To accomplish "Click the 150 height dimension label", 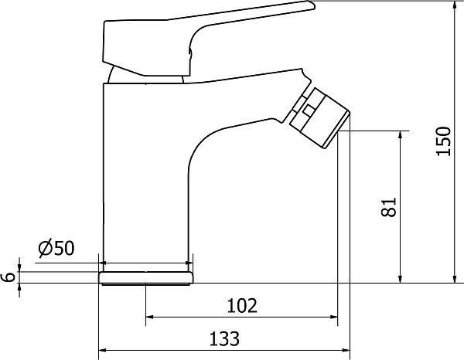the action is click(x=444, y=141).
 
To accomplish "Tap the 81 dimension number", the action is click(x=389, y=207).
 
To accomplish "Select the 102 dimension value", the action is click(x=242, y=306).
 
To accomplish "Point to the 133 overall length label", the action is click(x=224, y=338).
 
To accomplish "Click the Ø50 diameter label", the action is click(x=56, y=247).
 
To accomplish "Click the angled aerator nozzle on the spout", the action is click(x=319, y=117).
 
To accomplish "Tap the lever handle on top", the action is click(x=207, y=39).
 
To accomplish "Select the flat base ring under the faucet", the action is click(x=146, y=278).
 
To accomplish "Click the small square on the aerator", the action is click(x=309, y=110).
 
